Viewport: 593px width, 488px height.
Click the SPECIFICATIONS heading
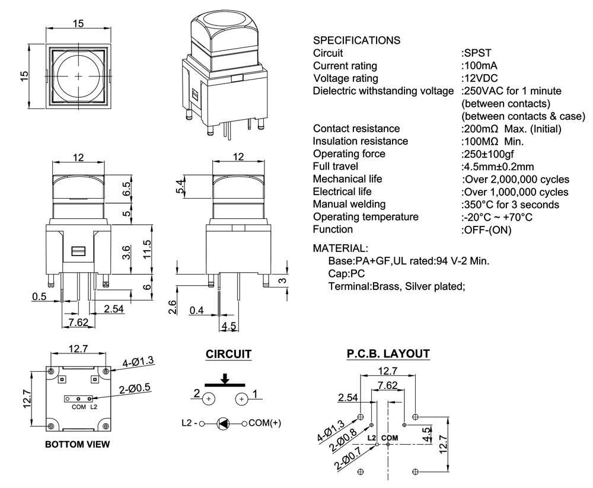click(x=356, y=40)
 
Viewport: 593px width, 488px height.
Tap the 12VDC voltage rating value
click(x=479, y=78)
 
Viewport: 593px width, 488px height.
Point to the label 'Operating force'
click(x=349, y=154)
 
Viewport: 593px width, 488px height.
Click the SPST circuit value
click(x=476, y=53)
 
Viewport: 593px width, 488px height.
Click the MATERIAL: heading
click(x=340, y=247)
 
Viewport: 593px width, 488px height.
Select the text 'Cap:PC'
click(x=346, y=273)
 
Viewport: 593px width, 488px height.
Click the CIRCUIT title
click(x=228, y=355)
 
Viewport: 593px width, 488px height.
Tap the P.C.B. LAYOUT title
click(x=388, y=354)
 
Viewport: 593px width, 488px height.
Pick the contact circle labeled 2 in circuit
click(x=209, y=400)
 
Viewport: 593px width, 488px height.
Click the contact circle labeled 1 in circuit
click(x=242, y=400)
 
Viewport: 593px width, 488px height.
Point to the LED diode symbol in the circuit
click(x=224, y=423)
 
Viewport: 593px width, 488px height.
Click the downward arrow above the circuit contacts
click(x=225, y=378)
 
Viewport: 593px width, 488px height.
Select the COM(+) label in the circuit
click(x=264, y=423)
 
